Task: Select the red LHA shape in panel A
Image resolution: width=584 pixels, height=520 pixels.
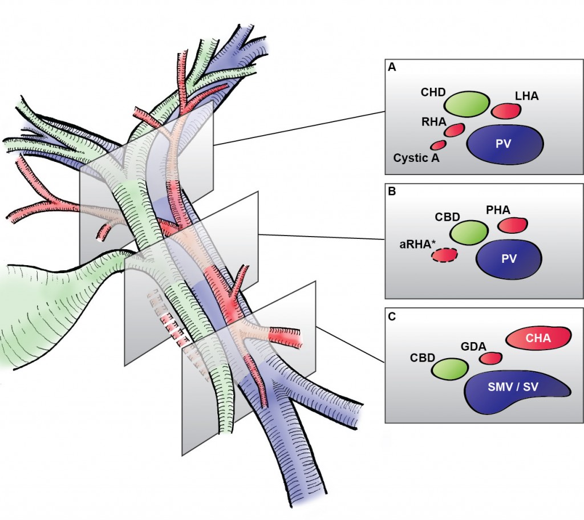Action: tap(507, 111)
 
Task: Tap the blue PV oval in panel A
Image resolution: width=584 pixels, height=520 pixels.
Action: tap(505, 144)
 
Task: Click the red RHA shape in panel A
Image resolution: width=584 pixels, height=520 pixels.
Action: tap(455, 130)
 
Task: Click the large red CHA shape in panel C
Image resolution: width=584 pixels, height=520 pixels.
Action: tap(538, 339)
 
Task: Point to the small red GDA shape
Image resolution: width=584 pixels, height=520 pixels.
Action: tap(490, 358)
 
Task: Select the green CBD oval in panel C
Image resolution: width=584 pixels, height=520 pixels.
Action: tap(450, 369)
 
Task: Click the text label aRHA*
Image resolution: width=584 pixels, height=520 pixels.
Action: tap(415, 244)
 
